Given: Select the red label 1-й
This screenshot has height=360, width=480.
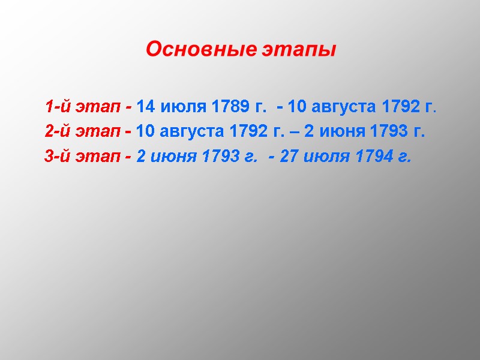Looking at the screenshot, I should (56, 107).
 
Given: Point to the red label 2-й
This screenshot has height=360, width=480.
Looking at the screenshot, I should (56, 132).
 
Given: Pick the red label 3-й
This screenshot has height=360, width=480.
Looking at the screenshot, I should (56, 157).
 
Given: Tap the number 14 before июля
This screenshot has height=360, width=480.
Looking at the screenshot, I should (146, 107).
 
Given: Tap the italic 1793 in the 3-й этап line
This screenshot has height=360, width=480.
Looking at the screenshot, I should (220, 157).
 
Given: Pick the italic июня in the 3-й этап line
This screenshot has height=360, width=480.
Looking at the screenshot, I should (173, 157).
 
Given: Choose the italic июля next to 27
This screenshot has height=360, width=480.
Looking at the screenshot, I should (328, 157).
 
